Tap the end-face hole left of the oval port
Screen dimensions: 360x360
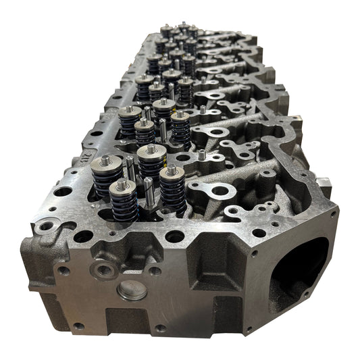(x=256, y=255)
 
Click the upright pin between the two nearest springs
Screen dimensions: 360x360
(x=148, y=191)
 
